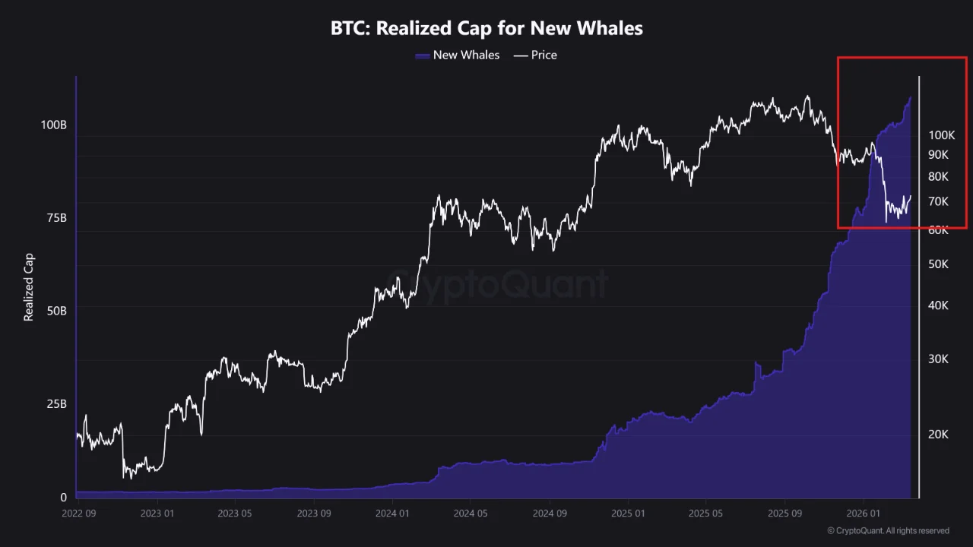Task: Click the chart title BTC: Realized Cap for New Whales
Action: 486,29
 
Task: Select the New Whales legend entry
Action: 458,55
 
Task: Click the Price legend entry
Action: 536,55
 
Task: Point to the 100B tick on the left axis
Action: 53,124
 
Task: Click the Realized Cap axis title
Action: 29,287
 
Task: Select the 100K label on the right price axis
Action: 941,135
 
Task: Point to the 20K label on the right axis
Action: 939,435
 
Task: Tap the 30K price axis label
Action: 939,359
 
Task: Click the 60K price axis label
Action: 939,229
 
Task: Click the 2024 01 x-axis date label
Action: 392,513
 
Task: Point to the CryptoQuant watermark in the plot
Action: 498,285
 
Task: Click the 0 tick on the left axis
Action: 64,497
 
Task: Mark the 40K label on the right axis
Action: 939,305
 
